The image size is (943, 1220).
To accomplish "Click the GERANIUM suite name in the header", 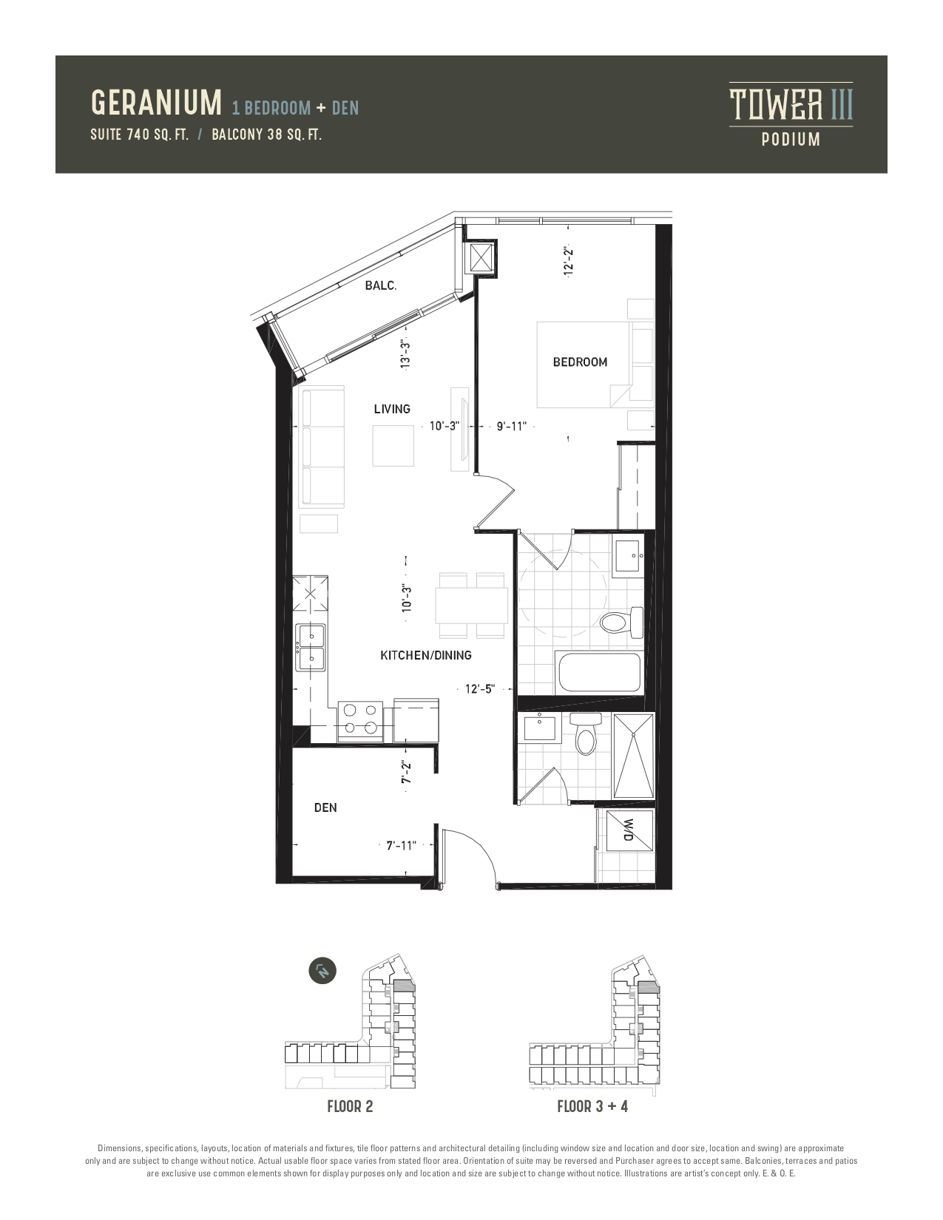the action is pos(156,103).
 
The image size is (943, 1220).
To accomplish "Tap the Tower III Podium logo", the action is pos(791,115).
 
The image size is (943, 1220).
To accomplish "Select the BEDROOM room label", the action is pos(580,362).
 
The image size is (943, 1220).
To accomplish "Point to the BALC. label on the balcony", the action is pos(381,285).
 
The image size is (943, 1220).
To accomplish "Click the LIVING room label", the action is pos(392,409).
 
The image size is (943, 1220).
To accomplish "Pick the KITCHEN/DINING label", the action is pos(426,655).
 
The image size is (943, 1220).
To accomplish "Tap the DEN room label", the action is pos(325,807).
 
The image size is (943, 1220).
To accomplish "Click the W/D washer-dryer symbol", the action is pos(629,830).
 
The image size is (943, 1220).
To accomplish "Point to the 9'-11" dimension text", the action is pos(512,426).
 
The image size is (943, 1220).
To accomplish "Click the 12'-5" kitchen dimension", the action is pos(480,689).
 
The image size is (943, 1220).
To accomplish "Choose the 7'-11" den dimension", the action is pos(401,846).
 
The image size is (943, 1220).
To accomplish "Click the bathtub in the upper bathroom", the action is pos(598,672).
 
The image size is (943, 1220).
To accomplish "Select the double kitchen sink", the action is pos(311,647).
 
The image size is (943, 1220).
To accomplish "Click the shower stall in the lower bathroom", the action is pos(634,756).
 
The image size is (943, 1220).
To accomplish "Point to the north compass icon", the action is pos(322,971).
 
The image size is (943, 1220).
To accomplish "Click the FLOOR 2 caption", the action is pos(350,1107).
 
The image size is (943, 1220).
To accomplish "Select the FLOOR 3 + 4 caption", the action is pos(592,1107).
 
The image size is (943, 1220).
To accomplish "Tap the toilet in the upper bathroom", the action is pos(621,622).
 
